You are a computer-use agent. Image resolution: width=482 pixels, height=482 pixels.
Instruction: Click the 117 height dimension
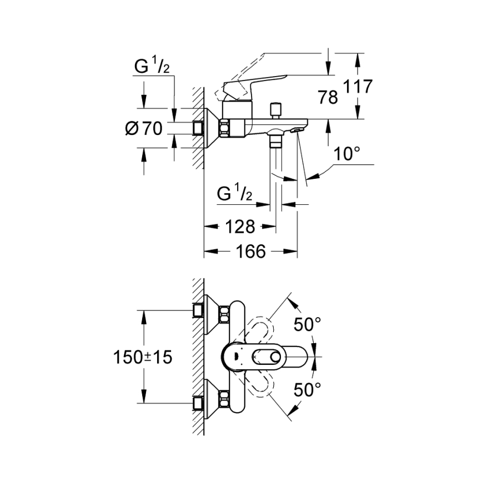[358, 87]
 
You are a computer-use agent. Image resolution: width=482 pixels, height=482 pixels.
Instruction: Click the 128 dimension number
[240, 227]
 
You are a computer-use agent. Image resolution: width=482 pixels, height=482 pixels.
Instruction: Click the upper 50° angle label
[308, 324]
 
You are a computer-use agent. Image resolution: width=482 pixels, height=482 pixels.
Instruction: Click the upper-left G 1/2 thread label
[152, 67]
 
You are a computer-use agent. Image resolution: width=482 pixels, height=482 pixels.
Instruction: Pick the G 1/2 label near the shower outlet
[234, 194]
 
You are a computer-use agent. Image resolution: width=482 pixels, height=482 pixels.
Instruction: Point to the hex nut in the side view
[225, 128]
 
